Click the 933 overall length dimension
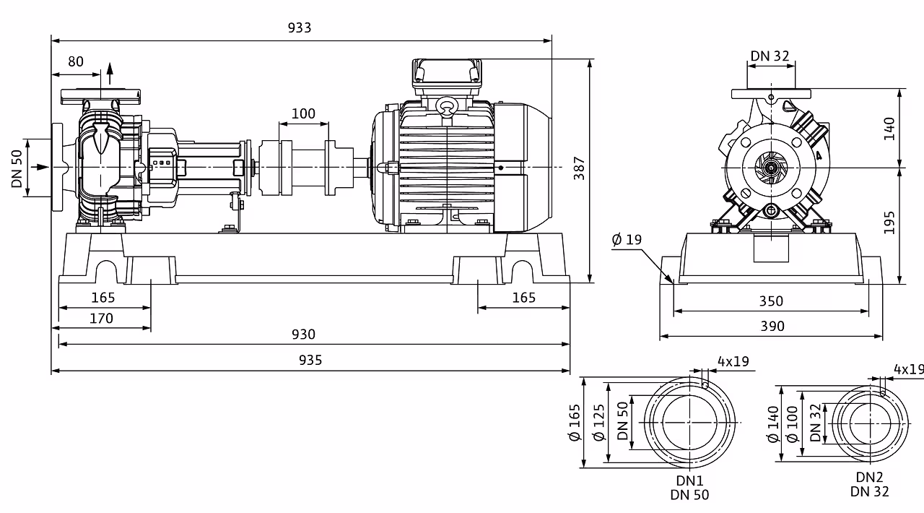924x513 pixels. (x=300, y=27)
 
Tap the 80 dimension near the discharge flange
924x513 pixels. (x=76, y=61)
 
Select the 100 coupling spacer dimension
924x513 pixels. (x=303, y=113)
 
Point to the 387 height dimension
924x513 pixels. (x=580, y=168)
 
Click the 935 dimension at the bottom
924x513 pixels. (x=310, y=360)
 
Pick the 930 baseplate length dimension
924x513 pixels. (x=303, y=334)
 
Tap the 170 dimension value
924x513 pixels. (x=101, y=319)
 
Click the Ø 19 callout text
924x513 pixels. (x=627, y=240)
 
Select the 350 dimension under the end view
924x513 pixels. (x=771, y=301)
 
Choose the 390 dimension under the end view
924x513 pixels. (x=772, y=327)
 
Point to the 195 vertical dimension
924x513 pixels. (x=889, y=223)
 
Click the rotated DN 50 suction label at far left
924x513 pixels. (x=17, y=168)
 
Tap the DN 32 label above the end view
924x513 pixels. (x=770, y=56)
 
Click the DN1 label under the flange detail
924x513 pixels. (x=689, y=480)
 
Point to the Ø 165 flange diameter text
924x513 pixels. (x=575, y=423)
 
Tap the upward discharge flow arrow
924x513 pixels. (x=110, y=74)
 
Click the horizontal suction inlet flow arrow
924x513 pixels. (x=40, y=167)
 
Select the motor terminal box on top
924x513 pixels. (x=447, y=77)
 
